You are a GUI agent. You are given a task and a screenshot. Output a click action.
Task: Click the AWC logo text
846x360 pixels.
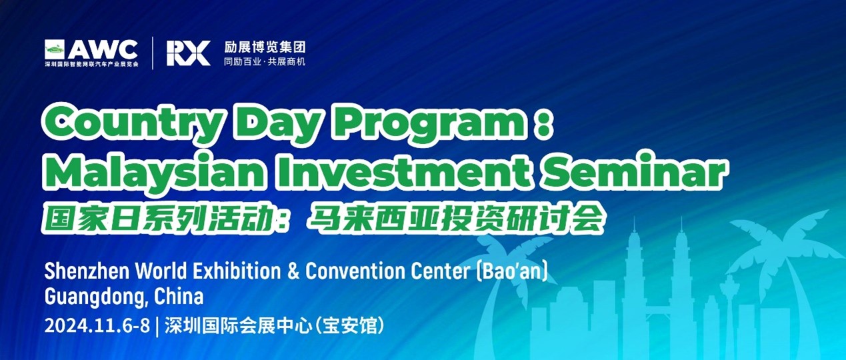[x=103, y=49]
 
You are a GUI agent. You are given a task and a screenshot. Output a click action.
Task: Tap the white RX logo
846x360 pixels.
[x=189, y=53]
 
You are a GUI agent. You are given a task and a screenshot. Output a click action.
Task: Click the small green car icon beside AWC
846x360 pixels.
[x=55, y=49]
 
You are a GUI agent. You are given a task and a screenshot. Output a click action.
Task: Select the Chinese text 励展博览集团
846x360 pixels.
[x=265, y=47]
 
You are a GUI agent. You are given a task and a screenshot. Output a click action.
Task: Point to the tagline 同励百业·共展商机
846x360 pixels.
[x=265, y=61]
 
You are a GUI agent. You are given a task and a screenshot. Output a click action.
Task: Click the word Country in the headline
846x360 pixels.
[x=132, y=123]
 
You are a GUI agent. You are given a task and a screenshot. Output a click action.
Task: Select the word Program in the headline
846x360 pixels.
[x=427, y=123]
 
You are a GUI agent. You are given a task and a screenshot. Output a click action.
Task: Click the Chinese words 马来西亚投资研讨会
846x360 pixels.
[x=455, y=219]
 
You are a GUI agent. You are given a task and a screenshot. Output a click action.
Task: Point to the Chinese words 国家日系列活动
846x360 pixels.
[x=158, y=219]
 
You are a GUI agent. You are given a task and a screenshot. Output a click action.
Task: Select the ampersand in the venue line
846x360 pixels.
[x=293, y=271]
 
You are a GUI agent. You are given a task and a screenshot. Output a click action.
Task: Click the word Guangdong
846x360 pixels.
[x=95, y=297]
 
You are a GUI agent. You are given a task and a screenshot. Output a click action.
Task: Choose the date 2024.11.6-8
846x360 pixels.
[x=97, y=325]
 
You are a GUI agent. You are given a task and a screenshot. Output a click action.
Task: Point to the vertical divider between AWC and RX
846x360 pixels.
[x=153, y=53]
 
